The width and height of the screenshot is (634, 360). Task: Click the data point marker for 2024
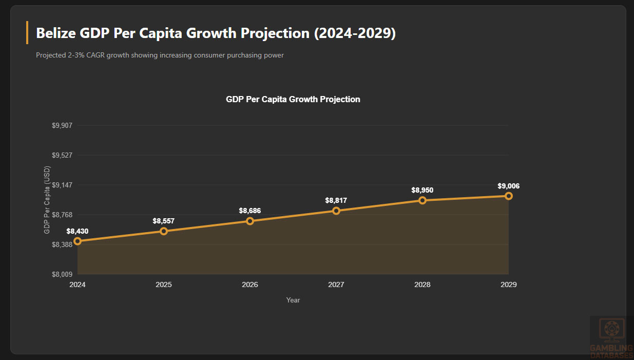(78, 241)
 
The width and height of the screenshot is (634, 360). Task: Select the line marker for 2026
(250, 221)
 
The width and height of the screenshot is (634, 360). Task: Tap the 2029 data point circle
(509, 196)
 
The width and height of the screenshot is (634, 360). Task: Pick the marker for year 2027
(336, 211)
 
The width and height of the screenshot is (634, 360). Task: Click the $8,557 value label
(164, 221)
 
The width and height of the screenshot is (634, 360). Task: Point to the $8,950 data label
(422, 190)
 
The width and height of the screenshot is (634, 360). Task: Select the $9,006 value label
(509, 186)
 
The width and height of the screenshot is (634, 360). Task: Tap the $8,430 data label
(78, 231)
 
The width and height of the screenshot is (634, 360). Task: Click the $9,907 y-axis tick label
(63, 126)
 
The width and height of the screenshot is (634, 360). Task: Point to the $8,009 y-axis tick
(63, 274)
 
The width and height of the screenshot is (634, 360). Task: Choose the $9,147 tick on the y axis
(63, 185)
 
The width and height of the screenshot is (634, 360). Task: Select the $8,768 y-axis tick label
(63, 215)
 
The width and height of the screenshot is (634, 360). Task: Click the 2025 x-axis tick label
(164, 285)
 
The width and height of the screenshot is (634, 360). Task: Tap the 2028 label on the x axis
(422, 285)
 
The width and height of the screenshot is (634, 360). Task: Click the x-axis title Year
(293, 300)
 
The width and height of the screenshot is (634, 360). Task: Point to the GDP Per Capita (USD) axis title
(47, 200)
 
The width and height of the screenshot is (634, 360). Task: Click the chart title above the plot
(293, 99)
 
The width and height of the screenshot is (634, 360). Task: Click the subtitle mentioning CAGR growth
(160, 55)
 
